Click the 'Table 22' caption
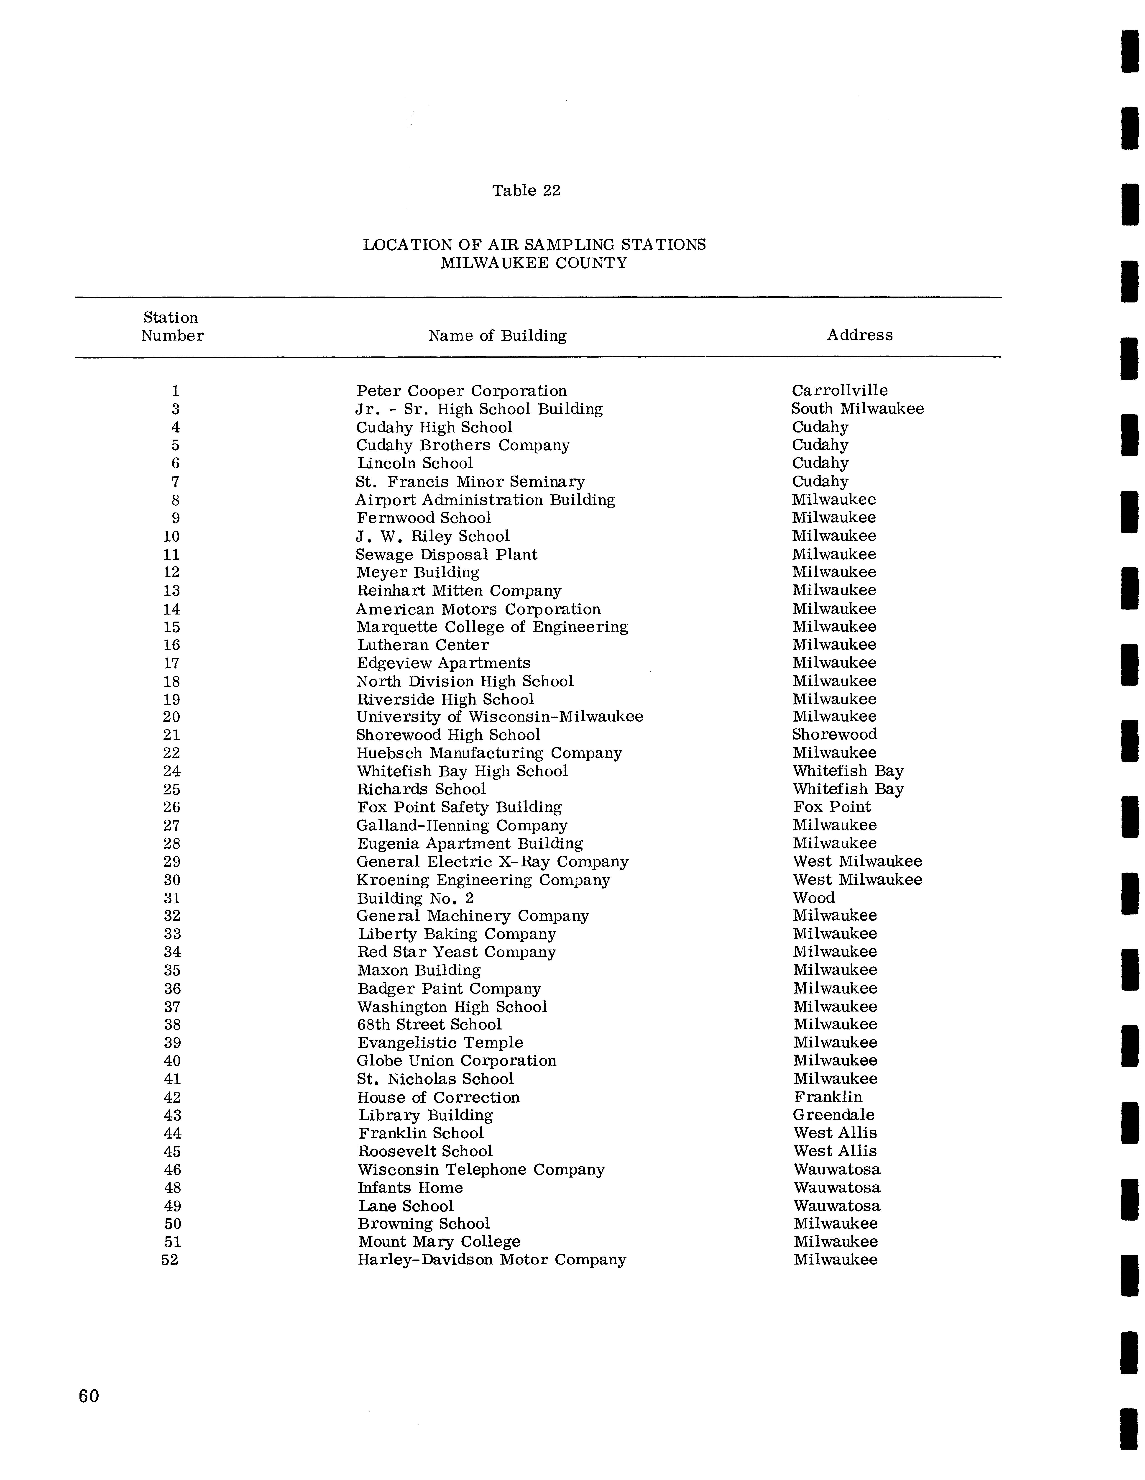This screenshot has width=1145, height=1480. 526,190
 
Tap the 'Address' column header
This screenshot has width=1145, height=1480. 859,335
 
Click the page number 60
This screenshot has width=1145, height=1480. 89,1396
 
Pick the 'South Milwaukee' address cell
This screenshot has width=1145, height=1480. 857,409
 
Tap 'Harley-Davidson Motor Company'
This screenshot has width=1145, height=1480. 491,1260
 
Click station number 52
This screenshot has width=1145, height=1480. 170,1260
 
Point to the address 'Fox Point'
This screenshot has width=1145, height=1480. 831,807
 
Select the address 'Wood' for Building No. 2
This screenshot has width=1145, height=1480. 814,898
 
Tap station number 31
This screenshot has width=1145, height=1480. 172,898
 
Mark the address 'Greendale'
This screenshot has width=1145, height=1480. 833,1115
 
